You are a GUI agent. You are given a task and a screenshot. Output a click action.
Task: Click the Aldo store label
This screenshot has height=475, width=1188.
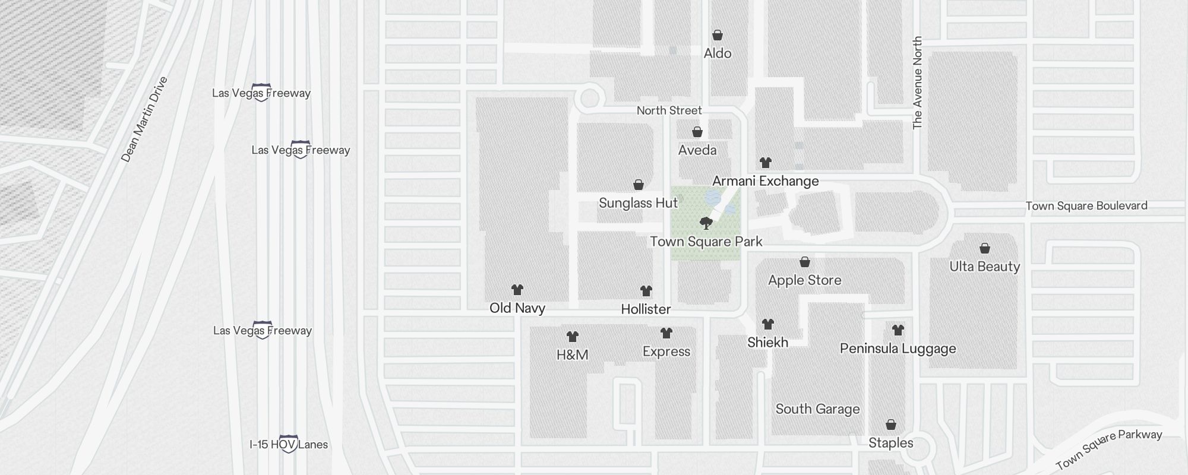point(717,53)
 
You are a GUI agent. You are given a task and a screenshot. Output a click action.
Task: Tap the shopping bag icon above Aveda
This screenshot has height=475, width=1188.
point(697,132)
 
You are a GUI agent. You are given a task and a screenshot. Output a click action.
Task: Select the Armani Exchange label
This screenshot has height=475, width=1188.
point(765,181)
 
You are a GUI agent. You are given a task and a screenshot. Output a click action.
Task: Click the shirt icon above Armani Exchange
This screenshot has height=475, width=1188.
point(765,163)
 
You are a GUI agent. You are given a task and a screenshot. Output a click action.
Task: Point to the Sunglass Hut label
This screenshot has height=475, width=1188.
point(638,203)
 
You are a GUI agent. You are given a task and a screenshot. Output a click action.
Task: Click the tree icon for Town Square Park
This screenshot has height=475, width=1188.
point(706,223)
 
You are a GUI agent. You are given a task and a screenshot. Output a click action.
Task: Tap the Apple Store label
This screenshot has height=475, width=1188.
point(804,280)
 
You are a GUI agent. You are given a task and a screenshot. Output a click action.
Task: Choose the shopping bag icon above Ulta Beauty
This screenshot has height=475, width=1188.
point(984,248)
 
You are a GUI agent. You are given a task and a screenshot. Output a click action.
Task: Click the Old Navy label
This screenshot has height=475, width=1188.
point(517,308)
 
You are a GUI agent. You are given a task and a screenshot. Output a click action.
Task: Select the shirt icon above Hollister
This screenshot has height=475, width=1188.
point(646,291)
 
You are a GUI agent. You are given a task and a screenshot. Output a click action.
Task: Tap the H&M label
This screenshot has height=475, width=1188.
point(572,355)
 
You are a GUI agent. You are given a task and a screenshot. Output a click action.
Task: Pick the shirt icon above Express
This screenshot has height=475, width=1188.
point(666,333)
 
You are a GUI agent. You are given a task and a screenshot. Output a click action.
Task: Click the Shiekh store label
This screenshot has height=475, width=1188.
point(767,343)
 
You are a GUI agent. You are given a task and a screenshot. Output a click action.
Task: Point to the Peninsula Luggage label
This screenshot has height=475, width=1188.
point(898,349)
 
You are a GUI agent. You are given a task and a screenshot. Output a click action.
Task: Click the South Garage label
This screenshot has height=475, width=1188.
point(817,409)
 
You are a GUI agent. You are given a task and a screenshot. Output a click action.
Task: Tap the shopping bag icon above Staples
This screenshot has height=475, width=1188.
point(890,425)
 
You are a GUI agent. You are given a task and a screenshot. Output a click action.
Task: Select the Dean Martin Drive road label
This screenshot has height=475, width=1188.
point(144,119)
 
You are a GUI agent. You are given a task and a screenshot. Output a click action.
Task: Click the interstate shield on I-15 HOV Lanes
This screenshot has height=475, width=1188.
point(288,444)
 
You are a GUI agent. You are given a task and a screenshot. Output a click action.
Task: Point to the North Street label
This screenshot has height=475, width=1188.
point(669,110)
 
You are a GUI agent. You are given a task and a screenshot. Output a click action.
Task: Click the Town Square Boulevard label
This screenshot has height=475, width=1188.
point(1086,206)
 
